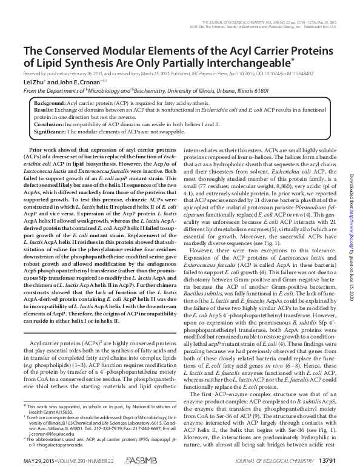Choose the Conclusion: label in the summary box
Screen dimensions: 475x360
50,124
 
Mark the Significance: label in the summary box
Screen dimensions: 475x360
51,131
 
